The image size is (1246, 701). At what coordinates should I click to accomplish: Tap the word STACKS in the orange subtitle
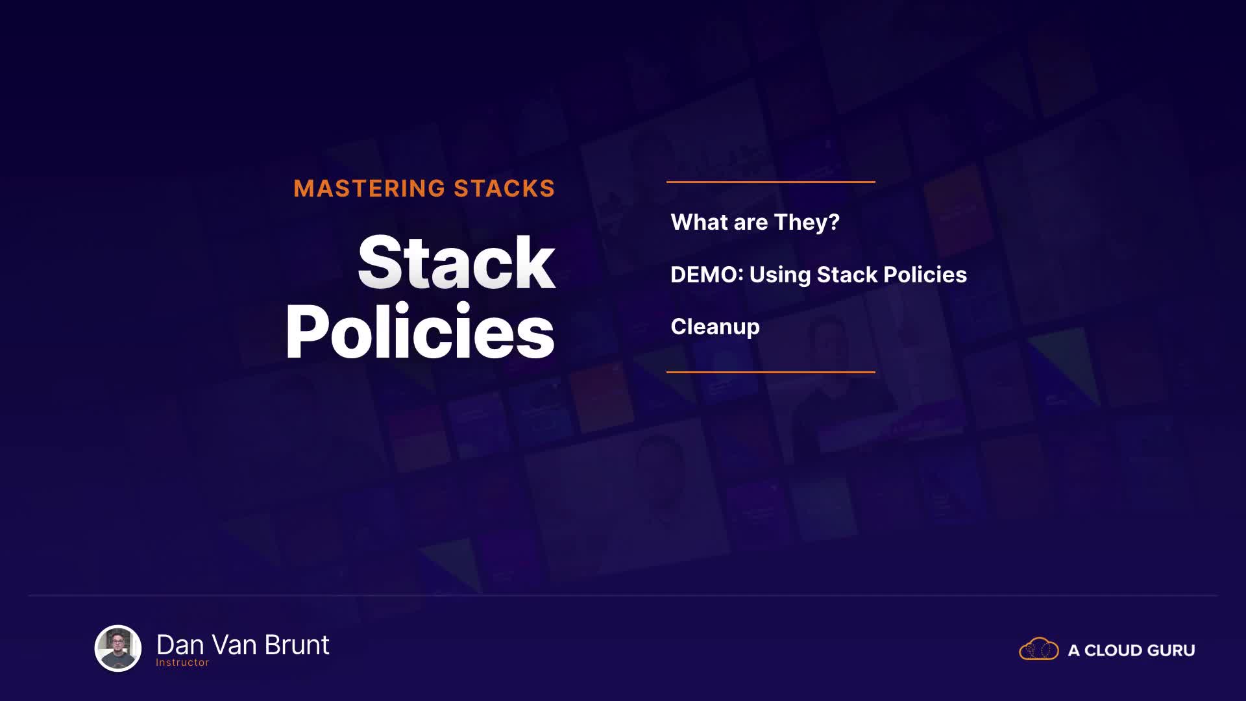coord(504,188)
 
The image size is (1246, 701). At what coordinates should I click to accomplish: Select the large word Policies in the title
coord(420,331)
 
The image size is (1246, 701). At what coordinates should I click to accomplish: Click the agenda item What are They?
coord(755,222)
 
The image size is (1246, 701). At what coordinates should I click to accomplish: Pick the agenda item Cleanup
coord(715,326)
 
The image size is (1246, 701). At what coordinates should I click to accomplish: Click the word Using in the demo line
coord(780,275)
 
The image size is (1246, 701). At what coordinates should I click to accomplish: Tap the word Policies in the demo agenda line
coord(925,275)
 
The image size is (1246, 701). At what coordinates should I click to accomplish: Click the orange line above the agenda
coord(771,182)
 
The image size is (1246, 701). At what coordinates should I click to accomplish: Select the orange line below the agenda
coord(771,372)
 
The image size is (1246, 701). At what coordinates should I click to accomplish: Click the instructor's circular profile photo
coord(118,648)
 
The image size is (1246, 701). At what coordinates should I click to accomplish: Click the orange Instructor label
coord(182,663)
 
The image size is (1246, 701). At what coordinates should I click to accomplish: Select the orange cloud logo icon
coord(1039,649)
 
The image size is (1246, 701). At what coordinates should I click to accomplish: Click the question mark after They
coord(834,222)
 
